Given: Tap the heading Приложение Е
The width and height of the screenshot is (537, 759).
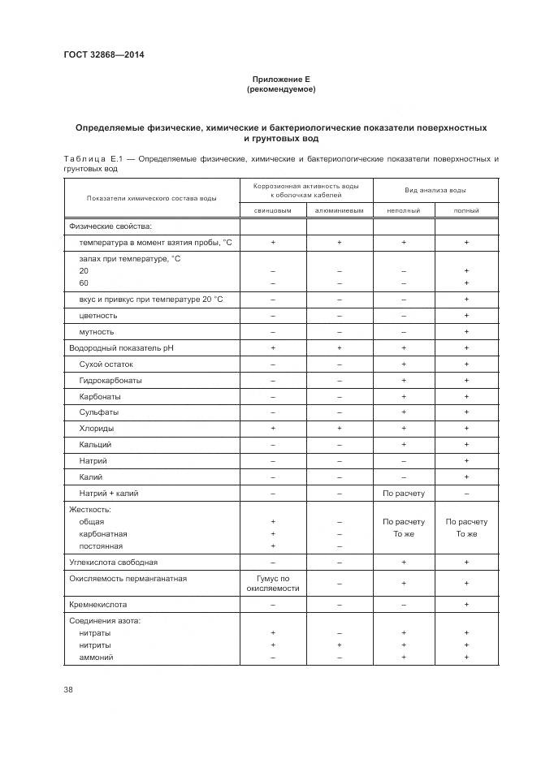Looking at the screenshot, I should coord(281,80).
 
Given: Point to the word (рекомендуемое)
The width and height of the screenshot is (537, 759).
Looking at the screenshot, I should coord(281,89).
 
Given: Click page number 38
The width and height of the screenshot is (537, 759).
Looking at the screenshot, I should coord(68,689).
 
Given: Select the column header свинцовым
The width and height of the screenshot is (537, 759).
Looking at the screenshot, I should coord(273,210).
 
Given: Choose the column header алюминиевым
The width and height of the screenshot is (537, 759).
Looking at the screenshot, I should coord(339,210).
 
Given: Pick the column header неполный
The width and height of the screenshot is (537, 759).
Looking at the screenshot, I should coord(403,210).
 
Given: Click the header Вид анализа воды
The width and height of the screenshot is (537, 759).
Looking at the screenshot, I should coord(435,190).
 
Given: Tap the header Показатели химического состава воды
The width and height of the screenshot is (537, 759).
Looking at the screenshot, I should coord(152,198).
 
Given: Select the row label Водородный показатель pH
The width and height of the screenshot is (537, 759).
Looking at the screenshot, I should coord(121,348).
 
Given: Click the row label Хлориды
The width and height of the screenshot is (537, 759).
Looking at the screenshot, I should coord(97,429).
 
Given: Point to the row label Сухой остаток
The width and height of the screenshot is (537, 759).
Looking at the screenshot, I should coord(106,364).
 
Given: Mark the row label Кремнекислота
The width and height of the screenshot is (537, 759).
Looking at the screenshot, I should coord(98,605).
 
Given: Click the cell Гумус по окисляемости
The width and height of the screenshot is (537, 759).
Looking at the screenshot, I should coord(273,583).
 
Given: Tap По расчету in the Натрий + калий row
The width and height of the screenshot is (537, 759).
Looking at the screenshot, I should coord(403,494).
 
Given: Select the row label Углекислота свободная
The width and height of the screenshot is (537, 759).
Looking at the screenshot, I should coord(114,562).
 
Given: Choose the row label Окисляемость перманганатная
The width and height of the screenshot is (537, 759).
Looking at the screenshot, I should coord(128,578).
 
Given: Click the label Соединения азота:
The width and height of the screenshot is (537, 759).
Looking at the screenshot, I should coord(106,621).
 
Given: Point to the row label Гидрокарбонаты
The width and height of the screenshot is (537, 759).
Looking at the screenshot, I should coord(110,381).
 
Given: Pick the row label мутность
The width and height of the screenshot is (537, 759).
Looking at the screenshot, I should coord(97,332).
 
